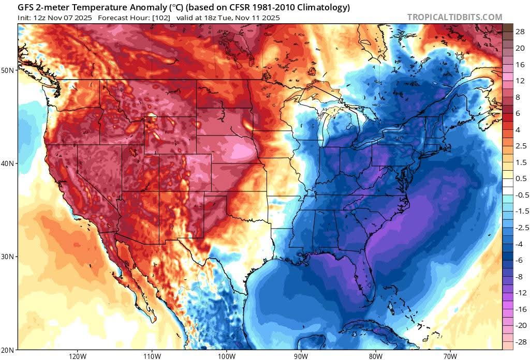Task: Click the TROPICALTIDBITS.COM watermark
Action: click(454, 17)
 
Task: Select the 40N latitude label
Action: click(9, 163)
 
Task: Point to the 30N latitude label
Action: click(9, 257)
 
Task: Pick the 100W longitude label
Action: click(226, 356)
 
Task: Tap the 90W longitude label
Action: click(301, 356)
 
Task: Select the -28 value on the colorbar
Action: click(520, 341)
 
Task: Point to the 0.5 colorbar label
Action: click(521, 178)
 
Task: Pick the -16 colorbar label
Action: click(520, 309)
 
